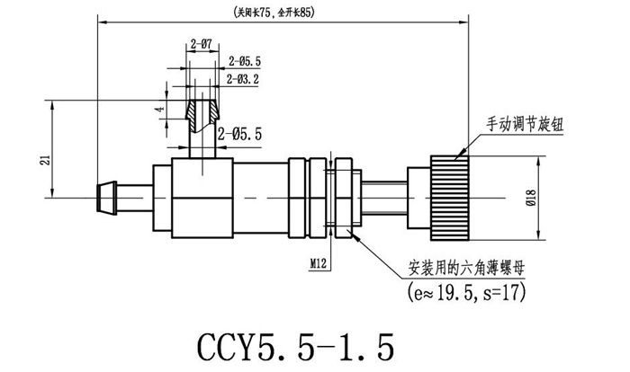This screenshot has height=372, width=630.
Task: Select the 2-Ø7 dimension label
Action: click(201, 42)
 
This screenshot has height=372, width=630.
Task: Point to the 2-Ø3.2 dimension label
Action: click(244, 79)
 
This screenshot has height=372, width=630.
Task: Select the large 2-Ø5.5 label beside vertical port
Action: click(239, 133)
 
